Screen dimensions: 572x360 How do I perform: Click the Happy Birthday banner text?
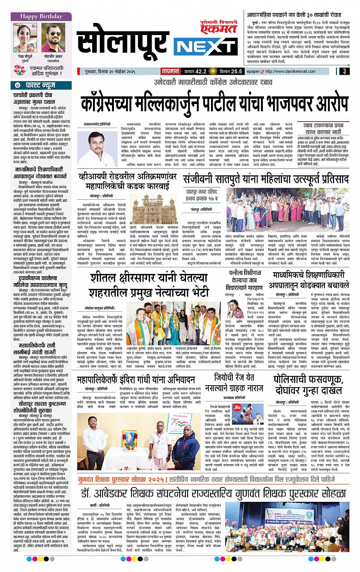click(x=36, y=17)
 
